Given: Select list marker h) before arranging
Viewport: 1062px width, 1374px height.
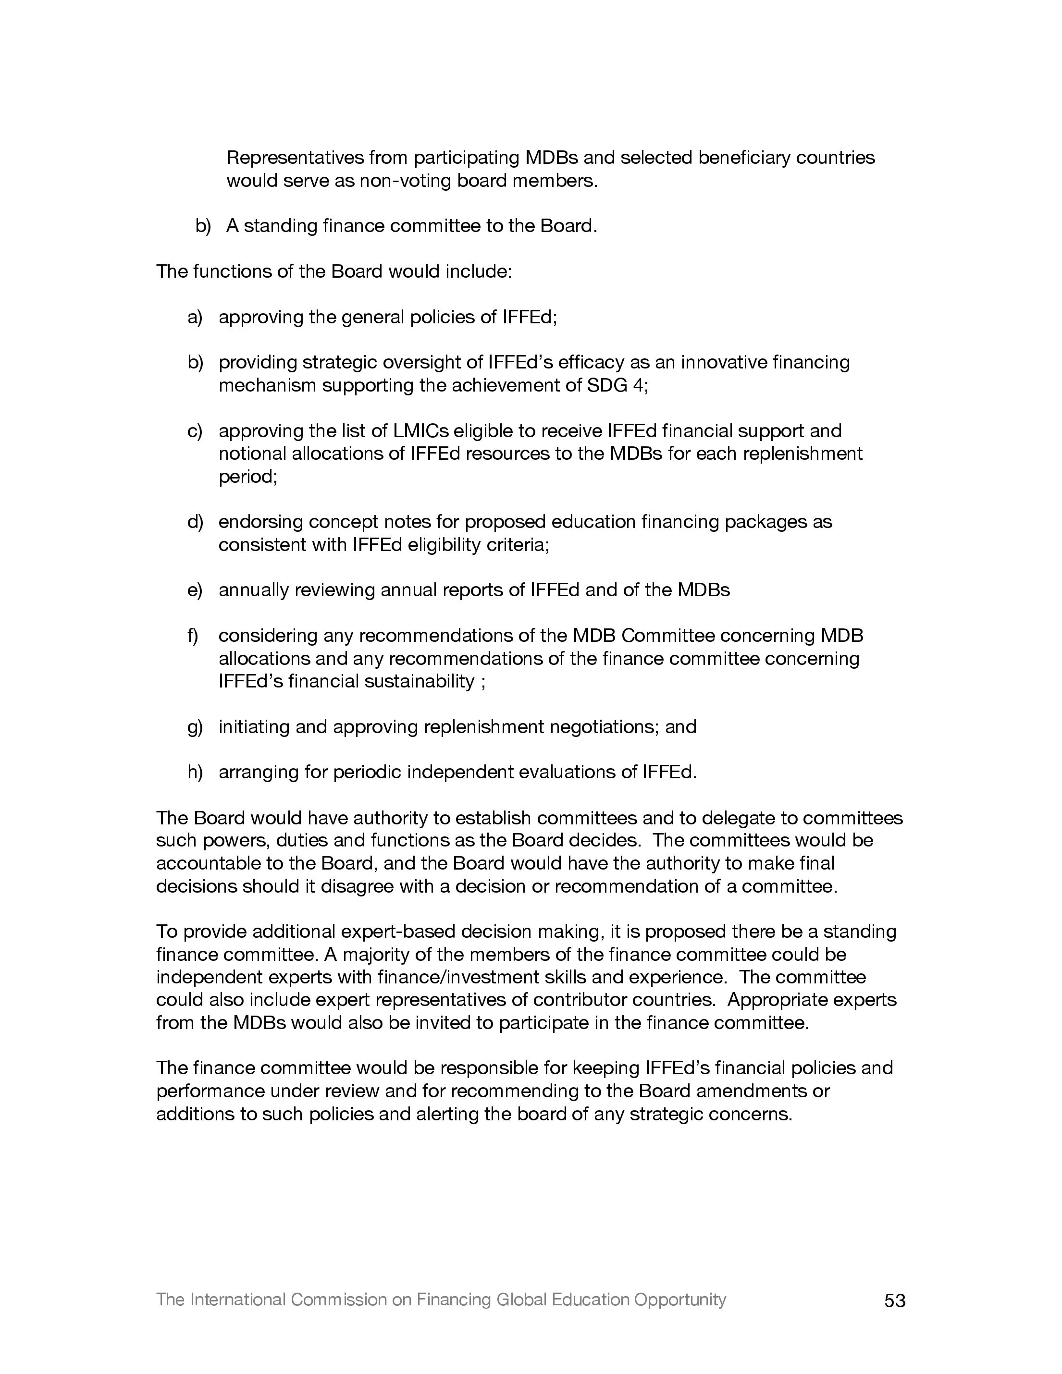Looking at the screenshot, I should tap(195, 772).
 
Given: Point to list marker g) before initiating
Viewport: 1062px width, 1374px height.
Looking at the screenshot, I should tap(195, 727).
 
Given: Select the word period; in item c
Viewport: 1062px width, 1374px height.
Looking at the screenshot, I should tap(248, 477).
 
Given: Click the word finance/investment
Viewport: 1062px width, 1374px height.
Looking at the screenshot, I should tap(450, 977).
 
